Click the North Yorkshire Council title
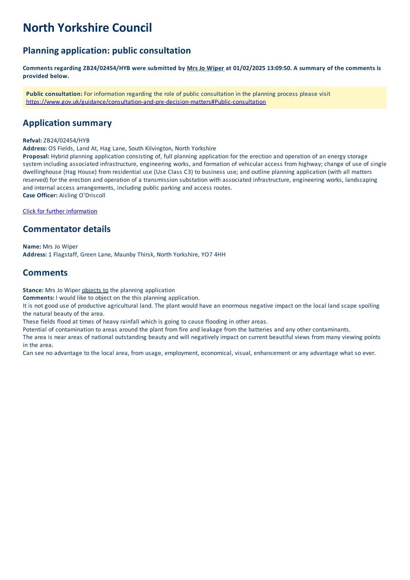pos(87,28)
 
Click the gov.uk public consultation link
pos(146,102)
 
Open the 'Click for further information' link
pos(60,211)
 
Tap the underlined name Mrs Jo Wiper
pos(205,68)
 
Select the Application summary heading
pos(67,123)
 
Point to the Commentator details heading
pos(66,229)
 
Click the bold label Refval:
pos(32,141)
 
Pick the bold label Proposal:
pos(36,156)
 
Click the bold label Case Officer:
pos(40,195)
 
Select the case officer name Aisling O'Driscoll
pos(82,195)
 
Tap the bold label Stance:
pos(33,290)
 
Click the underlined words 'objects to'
pos(95,290)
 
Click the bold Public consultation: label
pos(54,94)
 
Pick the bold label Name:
pos(32,246)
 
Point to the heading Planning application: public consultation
pos(107,50)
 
